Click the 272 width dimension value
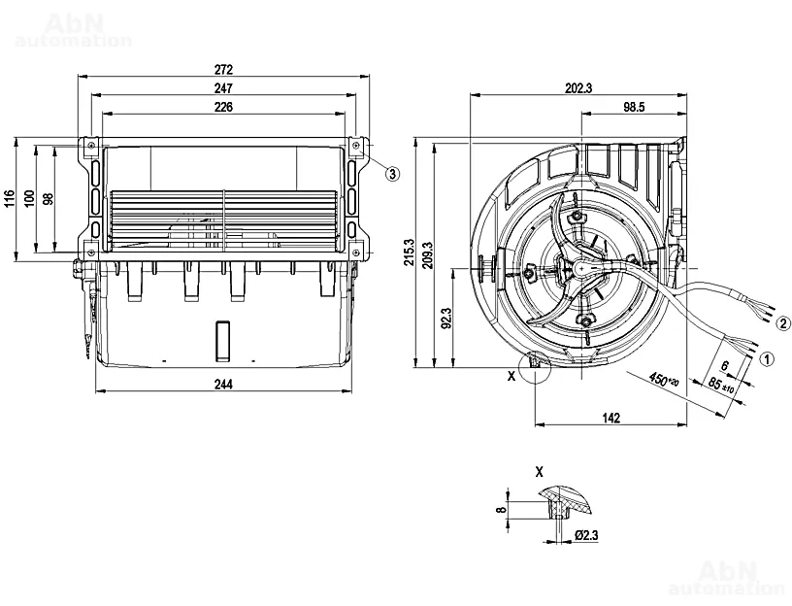223,71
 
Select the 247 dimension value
223,88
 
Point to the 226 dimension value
223,107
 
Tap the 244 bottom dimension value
223,384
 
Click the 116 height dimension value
10,198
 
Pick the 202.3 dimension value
577,88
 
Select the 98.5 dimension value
635,107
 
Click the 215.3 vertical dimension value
410,254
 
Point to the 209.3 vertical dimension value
428,254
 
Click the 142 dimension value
611,418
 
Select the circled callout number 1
767,357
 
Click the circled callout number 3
392,174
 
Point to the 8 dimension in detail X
501,508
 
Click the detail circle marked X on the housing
535,368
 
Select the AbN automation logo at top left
74,31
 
